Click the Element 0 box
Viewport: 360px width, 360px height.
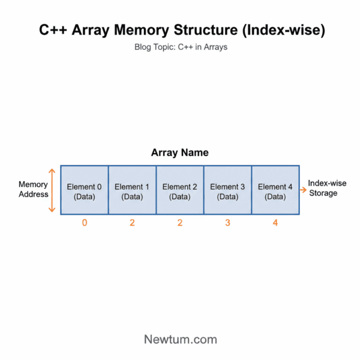84,191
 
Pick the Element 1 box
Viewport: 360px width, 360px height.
132,191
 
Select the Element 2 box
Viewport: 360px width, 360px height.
180,191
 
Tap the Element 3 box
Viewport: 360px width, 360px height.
227,191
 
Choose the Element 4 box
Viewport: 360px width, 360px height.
275,191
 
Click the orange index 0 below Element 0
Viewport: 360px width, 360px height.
84,223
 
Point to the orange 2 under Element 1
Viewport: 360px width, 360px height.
132,223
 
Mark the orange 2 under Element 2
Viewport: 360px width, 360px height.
180,223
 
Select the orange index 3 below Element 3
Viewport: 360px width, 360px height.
227,223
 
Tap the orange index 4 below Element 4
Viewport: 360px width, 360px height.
275,223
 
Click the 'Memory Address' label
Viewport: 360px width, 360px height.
33,190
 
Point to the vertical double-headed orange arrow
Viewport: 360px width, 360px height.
52,190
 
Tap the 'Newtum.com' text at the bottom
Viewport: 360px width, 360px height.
180,339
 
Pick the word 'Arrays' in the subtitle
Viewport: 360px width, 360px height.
215,47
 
